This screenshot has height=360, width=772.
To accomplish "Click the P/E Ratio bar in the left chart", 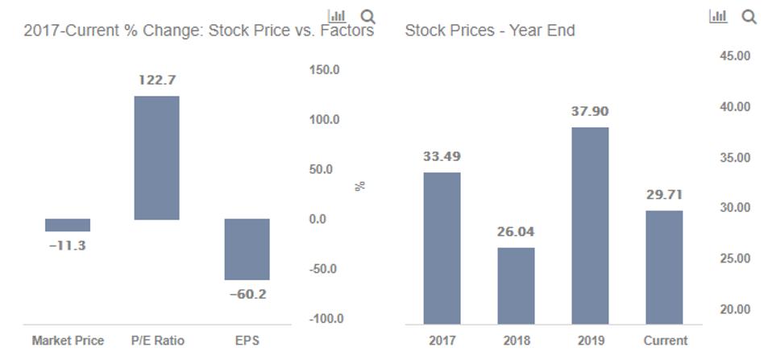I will tap(156, 158).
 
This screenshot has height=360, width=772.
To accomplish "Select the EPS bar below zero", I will tap(247, 249).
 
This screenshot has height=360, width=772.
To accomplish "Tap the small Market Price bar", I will tap(68, 225).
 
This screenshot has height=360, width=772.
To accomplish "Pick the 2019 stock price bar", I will tap(590, 226).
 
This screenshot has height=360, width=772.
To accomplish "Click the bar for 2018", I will tap(516, 285).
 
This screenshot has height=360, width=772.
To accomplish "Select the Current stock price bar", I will tap(664, 267).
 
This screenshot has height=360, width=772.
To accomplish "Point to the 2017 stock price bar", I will tap(442, 248).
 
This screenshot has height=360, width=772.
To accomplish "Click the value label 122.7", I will tap(156, 80).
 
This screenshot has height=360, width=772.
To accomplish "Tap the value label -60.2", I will tap(247, 294).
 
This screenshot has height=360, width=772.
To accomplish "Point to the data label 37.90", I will tap(590, 111).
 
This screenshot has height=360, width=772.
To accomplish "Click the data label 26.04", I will tap(516, 232).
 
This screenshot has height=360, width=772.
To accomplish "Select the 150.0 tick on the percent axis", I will tap(325, 70).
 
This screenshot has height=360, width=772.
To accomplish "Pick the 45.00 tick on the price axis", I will tap(734, 56).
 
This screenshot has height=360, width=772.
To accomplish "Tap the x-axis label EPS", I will tap(247, 341).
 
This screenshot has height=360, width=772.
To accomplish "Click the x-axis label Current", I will tap(665, 341).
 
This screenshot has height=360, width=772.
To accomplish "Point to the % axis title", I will tap(360, 185).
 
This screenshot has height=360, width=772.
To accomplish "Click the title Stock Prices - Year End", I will tap(489, 31).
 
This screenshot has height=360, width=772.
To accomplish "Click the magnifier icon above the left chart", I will tap(368, 15).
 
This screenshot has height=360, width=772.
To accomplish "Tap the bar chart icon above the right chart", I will tap(717, 15).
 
